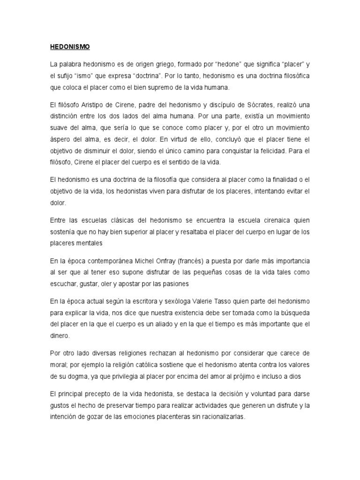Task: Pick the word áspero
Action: pos(60,140)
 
